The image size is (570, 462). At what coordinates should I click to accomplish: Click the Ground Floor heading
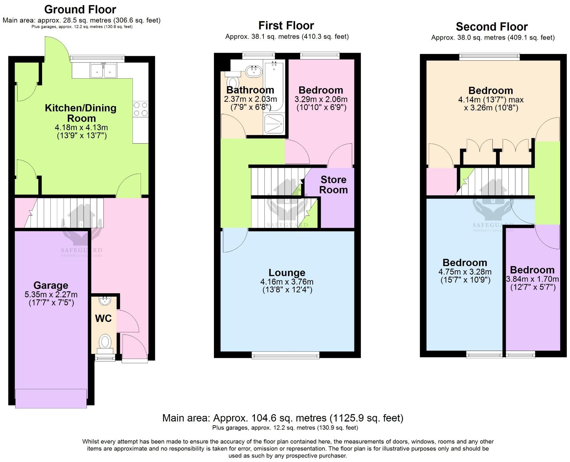click(80, 9)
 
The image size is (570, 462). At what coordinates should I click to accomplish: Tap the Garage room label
click(51, 285)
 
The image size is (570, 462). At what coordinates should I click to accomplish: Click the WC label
click(103, 318)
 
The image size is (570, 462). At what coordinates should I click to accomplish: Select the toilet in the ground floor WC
click(104, 342)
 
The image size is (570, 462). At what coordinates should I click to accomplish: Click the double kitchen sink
click(103, 70)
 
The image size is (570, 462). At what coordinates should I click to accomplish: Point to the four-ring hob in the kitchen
click(141, 109)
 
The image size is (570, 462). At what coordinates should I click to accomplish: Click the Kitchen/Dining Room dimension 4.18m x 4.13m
click(81, 127)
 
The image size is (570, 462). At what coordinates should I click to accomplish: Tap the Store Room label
click(333, 185)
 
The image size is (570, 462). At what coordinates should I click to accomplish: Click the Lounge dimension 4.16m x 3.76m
click(287, 282)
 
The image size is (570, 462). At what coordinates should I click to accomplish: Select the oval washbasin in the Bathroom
click(254, 70)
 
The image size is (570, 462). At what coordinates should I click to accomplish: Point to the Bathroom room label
click(250, 90)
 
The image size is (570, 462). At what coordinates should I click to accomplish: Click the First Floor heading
click(286, 25)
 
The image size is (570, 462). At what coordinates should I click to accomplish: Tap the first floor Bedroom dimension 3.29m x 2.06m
click(321, 99)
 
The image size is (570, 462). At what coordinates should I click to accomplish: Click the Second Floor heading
click(491, 26)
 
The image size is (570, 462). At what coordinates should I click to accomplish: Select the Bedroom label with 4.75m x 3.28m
click(465, 263)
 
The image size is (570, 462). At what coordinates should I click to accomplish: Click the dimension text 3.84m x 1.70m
click(532, 279)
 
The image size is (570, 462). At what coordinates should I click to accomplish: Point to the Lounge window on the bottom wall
click(285, 355)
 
